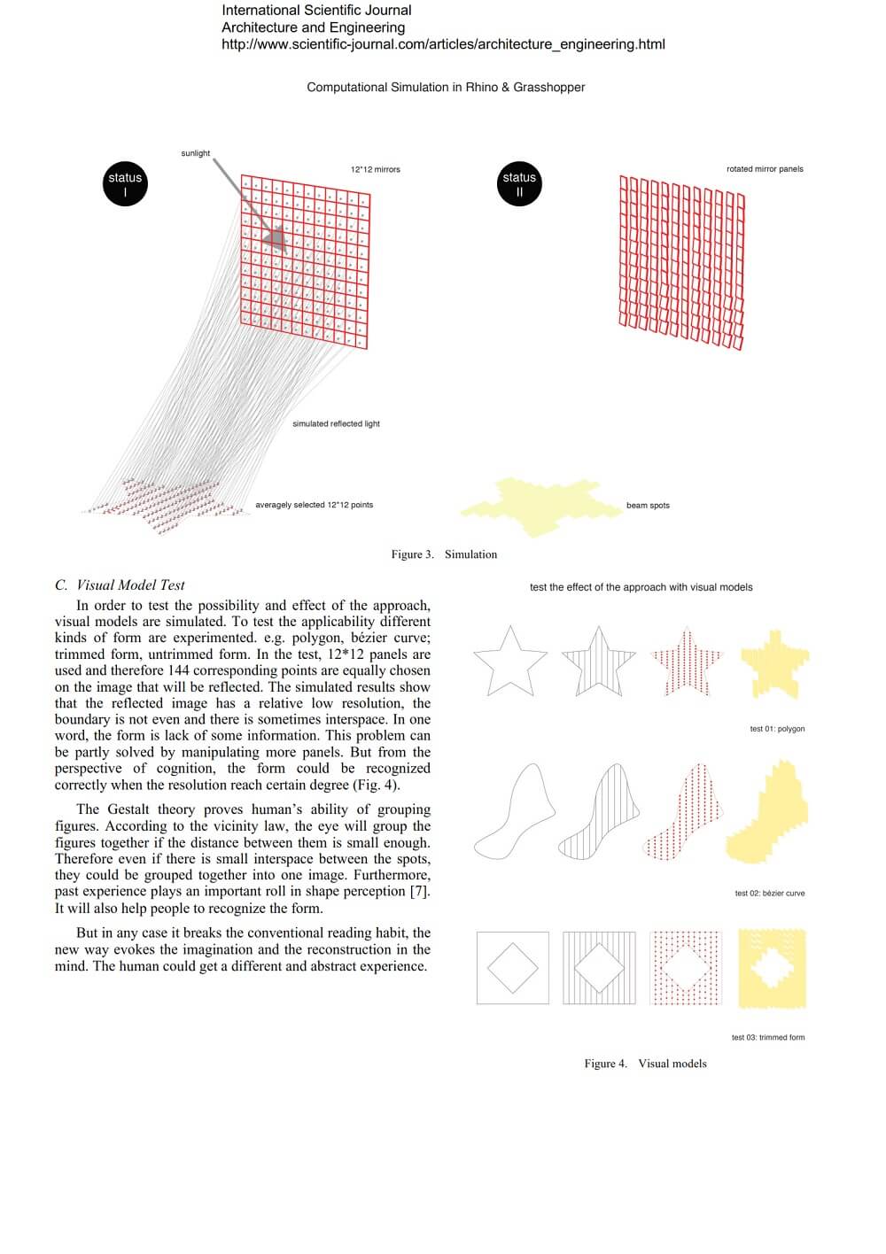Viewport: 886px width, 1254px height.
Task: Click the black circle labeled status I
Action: coord(125,184)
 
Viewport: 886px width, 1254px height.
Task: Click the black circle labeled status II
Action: coord(519,184)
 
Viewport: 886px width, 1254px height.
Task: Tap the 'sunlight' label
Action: coord(196,153)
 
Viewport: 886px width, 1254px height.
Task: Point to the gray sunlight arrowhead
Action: coord(274,236)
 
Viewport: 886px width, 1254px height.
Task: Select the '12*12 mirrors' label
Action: coord(375,169)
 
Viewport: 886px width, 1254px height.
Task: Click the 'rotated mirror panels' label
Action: coord(765,169)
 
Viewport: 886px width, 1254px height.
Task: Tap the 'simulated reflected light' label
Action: coord(336,424)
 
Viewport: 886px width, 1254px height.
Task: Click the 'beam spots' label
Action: coord(648,506)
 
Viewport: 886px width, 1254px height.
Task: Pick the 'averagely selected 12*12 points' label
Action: coord(314,505)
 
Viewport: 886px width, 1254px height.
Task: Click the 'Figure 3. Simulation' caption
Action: coord(444,554)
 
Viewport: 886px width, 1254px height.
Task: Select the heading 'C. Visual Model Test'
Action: coord(120,584)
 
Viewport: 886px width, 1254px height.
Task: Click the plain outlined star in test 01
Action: coord(509,662)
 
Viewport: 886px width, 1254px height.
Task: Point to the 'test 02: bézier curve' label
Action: coord(769,894)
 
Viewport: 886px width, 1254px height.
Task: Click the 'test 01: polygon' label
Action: coord(777,729)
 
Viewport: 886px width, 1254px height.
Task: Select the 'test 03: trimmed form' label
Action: coord(767,1038)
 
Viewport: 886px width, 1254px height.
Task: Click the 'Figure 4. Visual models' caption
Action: coord(645,1064)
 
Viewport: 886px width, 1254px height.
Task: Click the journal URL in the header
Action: coord(443,44)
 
